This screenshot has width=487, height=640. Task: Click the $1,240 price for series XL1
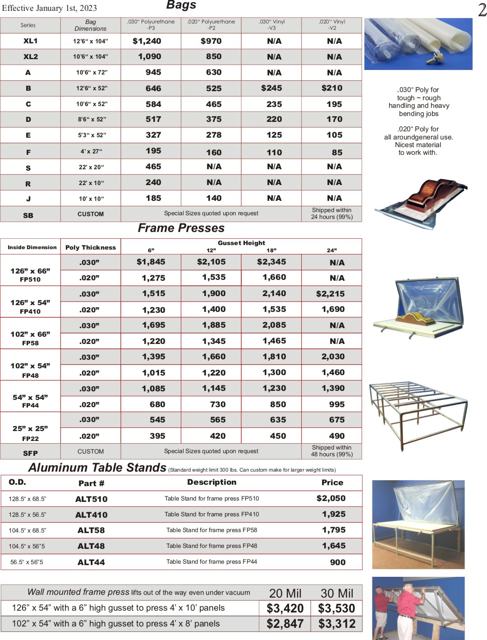pos(147,41)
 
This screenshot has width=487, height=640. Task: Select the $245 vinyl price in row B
pos(271,88)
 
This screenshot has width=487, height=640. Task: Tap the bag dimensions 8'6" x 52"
pos(91,120)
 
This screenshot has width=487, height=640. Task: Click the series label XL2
pos(31,57)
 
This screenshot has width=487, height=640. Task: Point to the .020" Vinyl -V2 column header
pos(332,25)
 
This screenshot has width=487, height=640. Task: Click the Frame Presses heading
pos(181,228)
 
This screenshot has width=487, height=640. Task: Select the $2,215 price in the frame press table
pos(330,294)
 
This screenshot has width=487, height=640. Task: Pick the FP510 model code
pos(30,279)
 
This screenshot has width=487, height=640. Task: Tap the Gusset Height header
pos(241,243)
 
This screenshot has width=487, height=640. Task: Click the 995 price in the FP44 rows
pos(337,404)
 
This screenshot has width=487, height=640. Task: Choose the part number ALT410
pos(91,515)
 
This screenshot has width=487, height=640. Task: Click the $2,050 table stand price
pos(331,498)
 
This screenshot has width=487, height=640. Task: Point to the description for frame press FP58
pos(211,530)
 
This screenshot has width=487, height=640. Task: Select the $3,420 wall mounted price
pos(285,608)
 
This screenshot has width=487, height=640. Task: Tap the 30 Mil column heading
pos(337,593)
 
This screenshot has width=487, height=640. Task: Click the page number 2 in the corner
pos(482,10)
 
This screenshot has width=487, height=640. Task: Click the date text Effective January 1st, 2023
pos(49,8)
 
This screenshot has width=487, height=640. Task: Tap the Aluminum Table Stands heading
pos(97,468)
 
